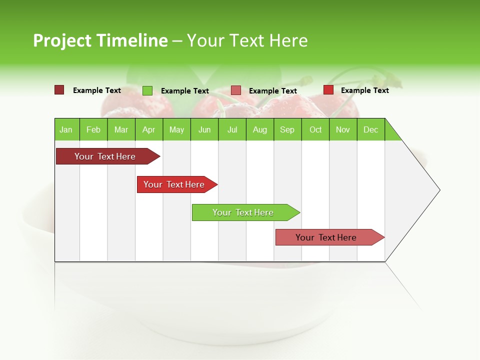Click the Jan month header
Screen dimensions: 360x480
point(66,129)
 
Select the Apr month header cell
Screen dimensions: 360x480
point(148,129)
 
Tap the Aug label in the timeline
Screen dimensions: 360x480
point(259,129)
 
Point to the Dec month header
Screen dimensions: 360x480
point(370,129)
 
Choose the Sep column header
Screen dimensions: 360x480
point(287,129)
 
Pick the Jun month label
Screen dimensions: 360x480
point(204,129)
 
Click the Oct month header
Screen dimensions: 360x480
point(315,129)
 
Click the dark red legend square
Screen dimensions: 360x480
point(59,90)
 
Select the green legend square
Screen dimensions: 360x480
point(147,90)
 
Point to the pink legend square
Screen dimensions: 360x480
point(236,90)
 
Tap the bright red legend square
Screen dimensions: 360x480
point(328,90)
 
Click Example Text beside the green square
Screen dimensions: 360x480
point(184,91)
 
